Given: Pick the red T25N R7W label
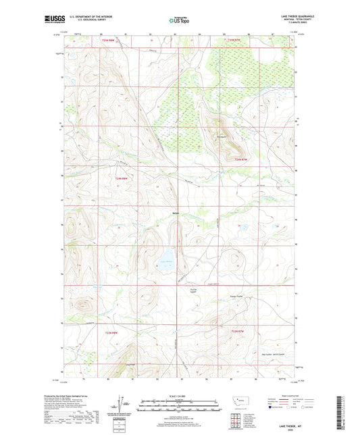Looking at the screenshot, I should click(234, 41).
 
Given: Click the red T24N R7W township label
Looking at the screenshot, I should click(242, 159).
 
